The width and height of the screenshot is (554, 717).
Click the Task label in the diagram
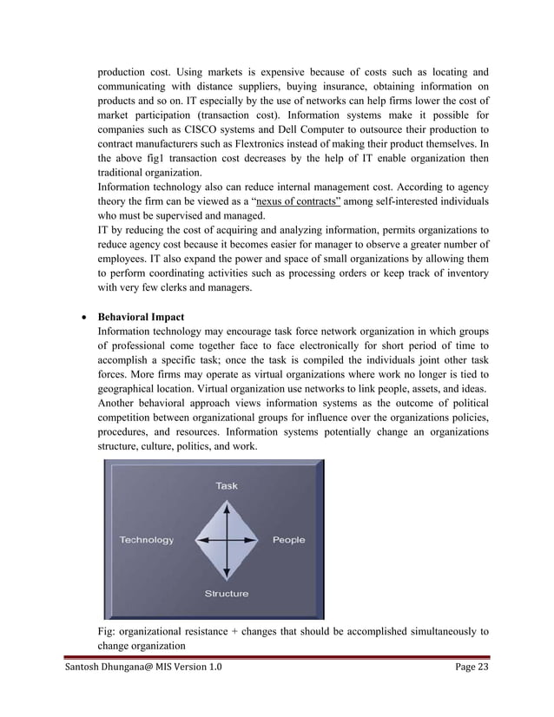click(x=226, y=486)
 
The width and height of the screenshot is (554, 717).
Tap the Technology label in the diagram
click(x=146, y=540)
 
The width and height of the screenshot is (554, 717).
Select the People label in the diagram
click(x=288, y=540)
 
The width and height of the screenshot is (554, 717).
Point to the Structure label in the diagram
click(x=226, y=594)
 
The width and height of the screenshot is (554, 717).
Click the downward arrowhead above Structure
click(x=227, y=574)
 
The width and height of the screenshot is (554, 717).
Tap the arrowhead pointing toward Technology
click(x=200, y=540)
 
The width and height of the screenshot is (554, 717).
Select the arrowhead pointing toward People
click(x=254, y=540)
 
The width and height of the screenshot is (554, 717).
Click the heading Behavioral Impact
click(x=141, y=317)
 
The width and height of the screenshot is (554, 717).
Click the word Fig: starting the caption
click(x=108, y=632)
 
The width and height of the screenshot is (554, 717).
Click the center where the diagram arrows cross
click(x=227, y=540)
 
